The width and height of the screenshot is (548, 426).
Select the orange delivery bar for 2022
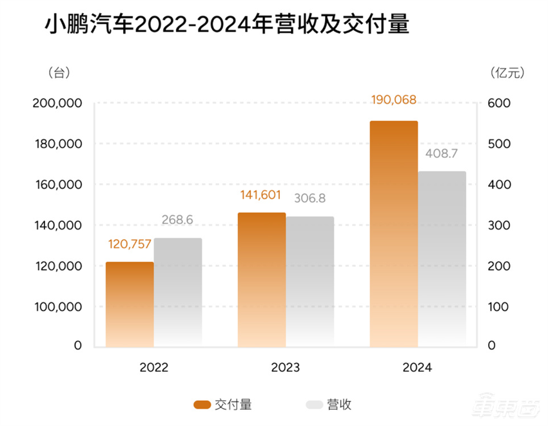pos(130,304)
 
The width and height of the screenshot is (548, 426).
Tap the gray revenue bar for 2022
pos(177,292)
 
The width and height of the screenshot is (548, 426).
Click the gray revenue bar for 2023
pos(310,282)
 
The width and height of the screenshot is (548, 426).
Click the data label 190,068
pos(394,100)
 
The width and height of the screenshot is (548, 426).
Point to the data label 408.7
pos(442,155)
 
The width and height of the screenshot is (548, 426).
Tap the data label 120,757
pos(130,246)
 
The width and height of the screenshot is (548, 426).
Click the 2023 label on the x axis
pos(285,368)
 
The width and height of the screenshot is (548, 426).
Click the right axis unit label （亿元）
pos(507,73)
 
